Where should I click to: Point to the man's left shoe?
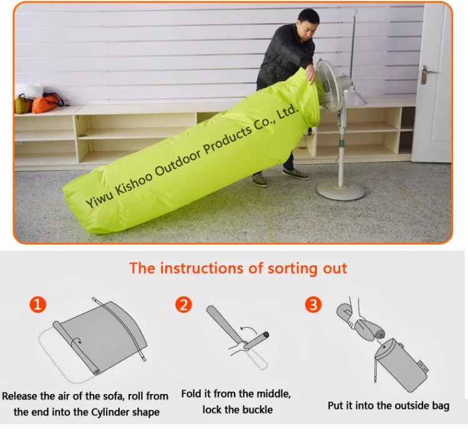(x=259, y=180)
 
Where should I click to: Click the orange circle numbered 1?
(x=39, y=305)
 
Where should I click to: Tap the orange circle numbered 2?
(x=183, y=305)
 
